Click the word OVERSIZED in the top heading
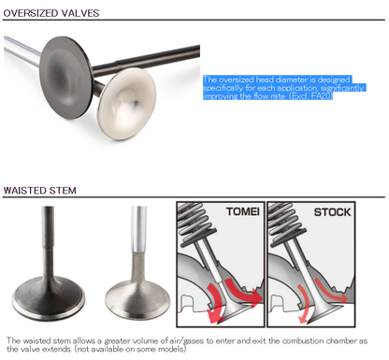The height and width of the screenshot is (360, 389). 31,13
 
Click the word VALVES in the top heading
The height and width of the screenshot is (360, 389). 80,13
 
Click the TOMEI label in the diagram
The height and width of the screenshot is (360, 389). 243,211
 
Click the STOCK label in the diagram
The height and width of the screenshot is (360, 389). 332,212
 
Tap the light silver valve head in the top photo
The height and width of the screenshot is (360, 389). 126,104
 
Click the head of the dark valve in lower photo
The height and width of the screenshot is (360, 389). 49,298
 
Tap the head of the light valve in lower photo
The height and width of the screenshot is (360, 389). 137,300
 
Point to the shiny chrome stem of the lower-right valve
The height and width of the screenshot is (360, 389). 138,229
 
